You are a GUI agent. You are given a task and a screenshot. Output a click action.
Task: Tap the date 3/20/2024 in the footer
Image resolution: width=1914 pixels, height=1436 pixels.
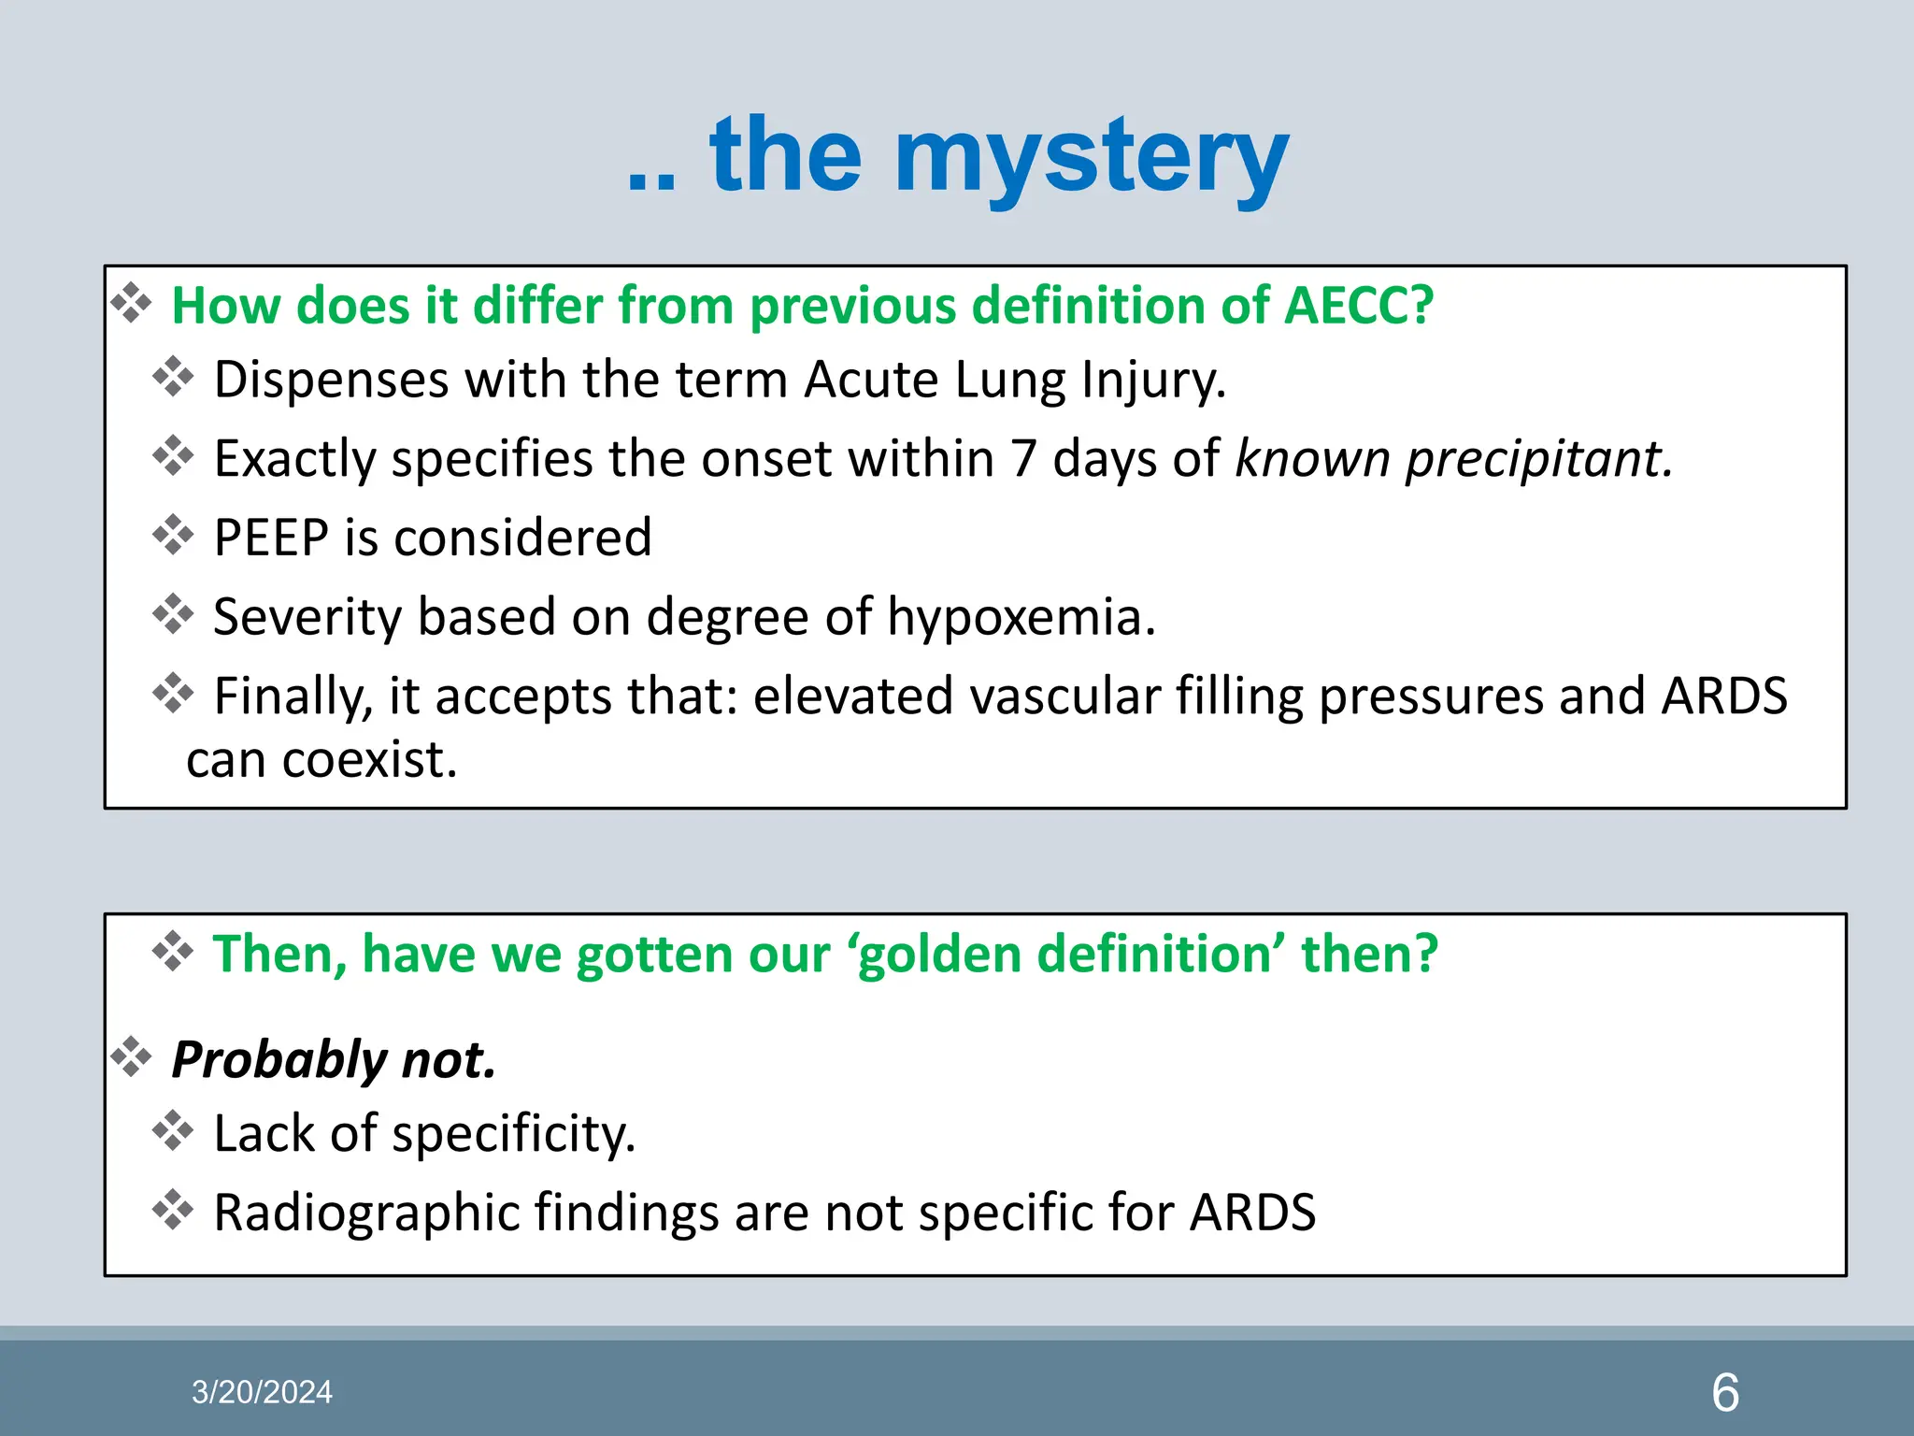[262, 1392]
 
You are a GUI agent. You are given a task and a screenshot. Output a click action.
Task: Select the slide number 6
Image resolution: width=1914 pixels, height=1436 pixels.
[1724, 1393]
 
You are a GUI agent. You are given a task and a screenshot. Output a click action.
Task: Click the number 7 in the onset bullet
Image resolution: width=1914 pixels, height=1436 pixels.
[1023, 459]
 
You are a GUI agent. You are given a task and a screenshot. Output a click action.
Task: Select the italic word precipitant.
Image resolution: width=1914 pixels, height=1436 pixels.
[1539, 460]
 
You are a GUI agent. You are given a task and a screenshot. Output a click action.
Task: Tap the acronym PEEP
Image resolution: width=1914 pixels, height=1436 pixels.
[271, 538]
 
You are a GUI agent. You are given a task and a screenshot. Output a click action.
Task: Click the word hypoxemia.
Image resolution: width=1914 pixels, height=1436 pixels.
[1021, 618]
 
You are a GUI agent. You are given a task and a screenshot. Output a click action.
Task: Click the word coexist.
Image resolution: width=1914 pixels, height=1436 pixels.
[369, 759]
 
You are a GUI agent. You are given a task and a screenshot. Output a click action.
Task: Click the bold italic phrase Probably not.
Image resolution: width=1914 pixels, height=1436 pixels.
[334, 1060]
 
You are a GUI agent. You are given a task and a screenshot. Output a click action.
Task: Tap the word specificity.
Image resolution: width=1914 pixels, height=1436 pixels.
[513, 1135]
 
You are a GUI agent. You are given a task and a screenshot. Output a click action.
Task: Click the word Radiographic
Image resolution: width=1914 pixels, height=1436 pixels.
[366, 1213]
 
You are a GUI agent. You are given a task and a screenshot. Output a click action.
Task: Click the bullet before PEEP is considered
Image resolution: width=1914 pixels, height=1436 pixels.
[173, 536]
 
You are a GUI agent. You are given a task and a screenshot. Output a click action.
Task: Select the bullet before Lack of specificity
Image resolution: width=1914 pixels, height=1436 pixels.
[173, 1131]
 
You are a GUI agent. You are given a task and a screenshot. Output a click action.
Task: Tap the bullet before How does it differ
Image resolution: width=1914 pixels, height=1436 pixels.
[131, 304]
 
